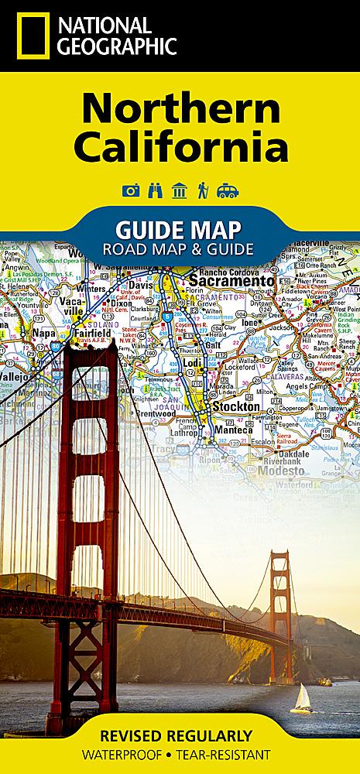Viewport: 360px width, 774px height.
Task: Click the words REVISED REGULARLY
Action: click(x=180, y=737)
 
